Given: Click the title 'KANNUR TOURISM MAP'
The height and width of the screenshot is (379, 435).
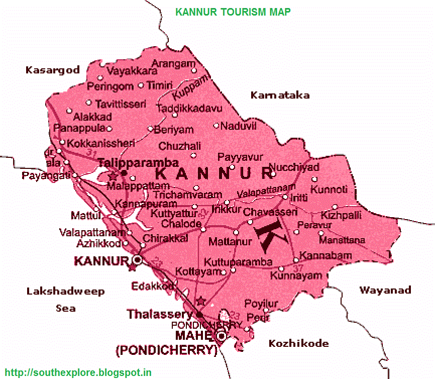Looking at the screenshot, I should pos(233,12).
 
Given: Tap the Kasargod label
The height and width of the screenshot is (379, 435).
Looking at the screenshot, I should pos(53,70).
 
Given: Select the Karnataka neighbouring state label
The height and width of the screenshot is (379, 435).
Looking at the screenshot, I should pos(280,95).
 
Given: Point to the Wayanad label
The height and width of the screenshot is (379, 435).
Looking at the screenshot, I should pos(385,290).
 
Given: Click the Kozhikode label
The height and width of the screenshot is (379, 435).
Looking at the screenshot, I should pos(299,343).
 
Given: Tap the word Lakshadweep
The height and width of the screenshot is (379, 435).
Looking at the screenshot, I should pos(66,292).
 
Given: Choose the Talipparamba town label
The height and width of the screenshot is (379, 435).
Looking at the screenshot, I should pos(138,163).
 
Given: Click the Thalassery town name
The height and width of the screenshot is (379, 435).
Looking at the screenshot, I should pos(160,314).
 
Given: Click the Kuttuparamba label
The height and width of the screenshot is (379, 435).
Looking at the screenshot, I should pos(238,262).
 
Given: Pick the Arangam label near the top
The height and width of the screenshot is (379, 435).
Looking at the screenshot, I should pos(173,63).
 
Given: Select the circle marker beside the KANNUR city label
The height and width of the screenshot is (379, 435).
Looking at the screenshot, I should pos(136,260).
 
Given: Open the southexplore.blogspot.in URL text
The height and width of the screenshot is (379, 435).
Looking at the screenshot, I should pos(76,373).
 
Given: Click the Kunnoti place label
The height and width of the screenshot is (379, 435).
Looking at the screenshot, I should pos(329,190).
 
